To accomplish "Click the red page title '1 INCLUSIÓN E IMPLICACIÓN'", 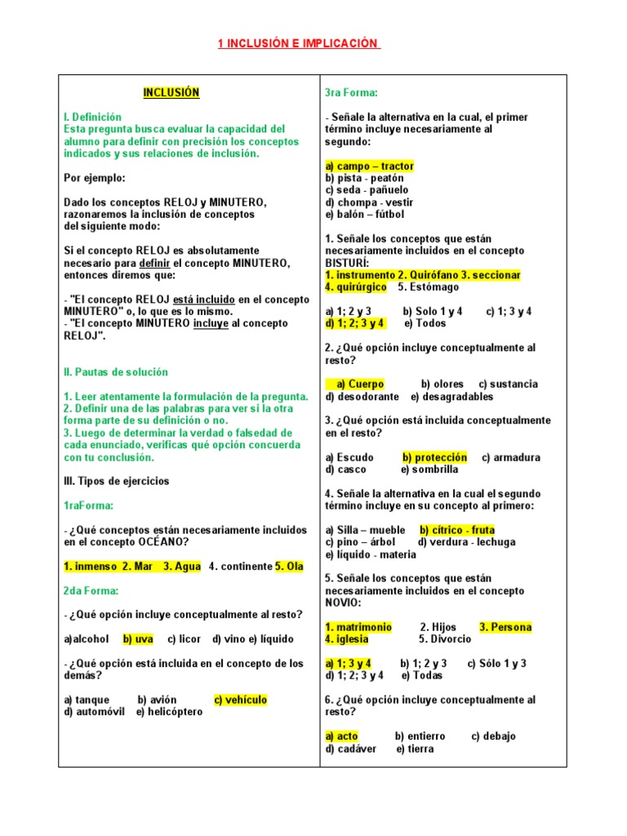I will coord(299,44).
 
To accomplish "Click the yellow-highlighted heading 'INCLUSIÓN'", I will coord(171,93).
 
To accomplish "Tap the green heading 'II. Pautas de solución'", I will coord(116,372).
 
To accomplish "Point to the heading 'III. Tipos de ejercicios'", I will coord(117,482).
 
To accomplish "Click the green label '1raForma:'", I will coord(89,506).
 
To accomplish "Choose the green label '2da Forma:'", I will coord(91,591).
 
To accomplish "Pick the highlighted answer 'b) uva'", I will coord(138,639).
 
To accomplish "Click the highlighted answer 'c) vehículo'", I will coord(240,700).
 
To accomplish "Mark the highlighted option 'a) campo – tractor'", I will coord(369,167).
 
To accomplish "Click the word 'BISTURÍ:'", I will coord(348,263).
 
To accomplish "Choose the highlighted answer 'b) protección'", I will coord(435,458).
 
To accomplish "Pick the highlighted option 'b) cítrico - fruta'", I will coord(457,531).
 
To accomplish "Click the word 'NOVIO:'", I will coord(342,603).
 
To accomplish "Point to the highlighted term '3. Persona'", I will coord(505,628).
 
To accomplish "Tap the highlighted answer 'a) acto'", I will coord(342,736).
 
